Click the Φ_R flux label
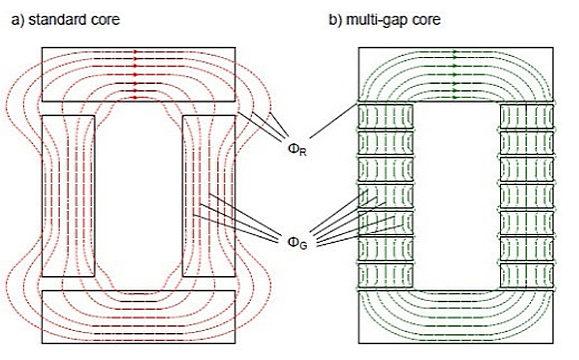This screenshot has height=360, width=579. click(x=297, y=149)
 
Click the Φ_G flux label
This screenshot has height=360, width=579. click(x=297, y=242)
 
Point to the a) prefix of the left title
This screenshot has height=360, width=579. click(x=18, y=20)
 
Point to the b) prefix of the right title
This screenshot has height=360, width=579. click(x=336, y=20)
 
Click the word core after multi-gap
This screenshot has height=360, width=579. click(x=423, y=20)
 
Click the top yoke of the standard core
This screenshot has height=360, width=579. click(x=139, y=75)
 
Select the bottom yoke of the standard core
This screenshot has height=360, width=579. click(x=139, y=317)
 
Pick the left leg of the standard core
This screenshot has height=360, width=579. click(x=68, y=196)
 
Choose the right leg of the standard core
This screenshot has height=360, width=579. click(x=209, y=196)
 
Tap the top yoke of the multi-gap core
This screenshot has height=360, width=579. click(x=456, y=75)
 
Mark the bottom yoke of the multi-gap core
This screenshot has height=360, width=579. click(x=456, y=317)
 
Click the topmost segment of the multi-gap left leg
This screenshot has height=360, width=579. click(x=385, y=117)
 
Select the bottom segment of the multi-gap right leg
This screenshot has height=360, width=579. click(x=527, y=276)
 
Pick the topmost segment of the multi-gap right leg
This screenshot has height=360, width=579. click(x=527, y=117)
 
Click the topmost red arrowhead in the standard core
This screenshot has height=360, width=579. click(x=135, y=52)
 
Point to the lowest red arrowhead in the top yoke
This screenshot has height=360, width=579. click(x=135, y=98)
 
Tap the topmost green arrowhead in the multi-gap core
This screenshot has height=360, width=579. click(x=455, y=52)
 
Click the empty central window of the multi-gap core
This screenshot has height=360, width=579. click(x=457, y=196)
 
